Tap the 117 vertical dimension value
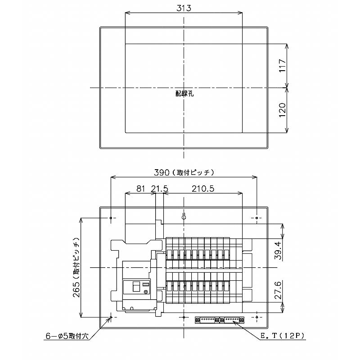click(x=282, y=66)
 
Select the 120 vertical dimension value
click(x=282, y=110)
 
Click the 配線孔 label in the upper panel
click(x=184, y=94)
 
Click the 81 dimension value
click(x=141, y=189)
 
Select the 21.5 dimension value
click(x=159, y=189)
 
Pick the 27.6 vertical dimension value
click(x=278, y=290)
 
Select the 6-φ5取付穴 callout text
click(x=67, y=336)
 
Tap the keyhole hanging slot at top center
click(x=184, y=216)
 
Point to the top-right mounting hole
click(x=257, y=218)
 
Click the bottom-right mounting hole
click(x=257, y=317)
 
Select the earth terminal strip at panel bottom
click(x=220, y=319)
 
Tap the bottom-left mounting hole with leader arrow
click(x=111, y=317)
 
